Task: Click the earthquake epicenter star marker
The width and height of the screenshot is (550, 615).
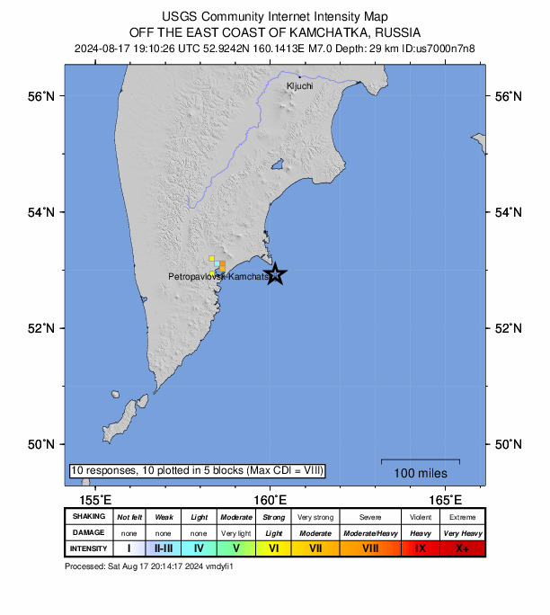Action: pos(276,274)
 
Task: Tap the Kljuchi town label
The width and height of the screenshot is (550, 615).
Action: pos(299,85)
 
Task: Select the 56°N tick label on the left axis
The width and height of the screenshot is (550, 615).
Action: pos(43,96)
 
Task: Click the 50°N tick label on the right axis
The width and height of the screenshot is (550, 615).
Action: pos(508,444)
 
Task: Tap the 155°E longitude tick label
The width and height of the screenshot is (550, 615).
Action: pos(95,500)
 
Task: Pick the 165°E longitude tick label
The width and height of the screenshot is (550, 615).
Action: pos(445,500)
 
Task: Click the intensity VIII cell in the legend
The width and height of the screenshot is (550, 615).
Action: pos(370,548)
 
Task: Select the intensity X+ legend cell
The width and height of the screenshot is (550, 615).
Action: pos(462,548)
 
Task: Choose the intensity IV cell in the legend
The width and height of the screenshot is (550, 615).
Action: pos(199,548)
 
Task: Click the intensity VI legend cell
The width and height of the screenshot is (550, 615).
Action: pos(273,548)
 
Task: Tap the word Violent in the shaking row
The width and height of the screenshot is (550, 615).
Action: pos(420,517)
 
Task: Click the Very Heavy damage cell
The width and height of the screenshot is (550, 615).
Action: pos(462,533)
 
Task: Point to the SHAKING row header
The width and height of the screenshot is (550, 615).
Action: pos(88,517)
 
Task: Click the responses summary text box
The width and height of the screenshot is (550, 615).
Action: pos(197,470)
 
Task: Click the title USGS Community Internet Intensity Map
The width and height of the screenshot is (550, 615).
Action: pos(275,16)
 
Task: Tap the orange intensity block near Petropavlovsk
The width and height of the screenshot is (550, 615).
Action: pos(222,265)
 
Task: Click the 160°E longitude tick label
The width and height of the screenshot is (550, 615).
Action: pos(270,500)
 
